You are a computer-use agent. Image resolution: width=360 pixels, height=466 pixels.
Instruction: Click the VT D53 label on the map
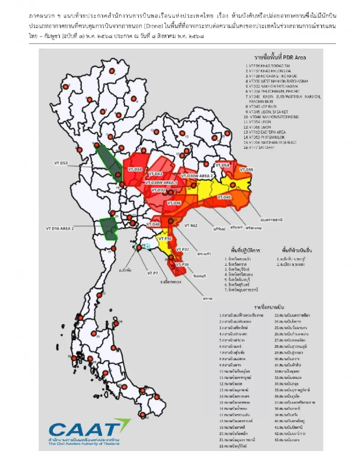tap(61, 163)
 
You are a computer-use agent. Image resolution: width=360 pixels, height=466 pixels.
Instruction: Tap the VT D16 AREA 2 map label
tap(60, 229)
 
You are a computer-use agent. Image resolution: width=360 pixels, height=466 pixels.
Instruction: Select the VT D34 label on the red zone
tap(135, 170)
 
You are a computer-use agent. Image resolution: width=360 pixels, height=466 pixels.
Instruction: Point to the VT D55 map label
tap(246, 170)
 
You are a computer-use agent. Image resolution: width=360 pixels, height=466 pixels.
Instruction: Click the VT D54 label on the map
tap(222, 165)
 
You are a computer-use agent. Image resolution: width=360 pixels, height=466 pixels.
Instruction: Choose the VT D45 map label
tap(224, 197)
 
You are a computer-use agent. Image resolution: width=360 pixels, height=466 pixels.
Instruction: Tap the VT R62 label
tap(191, 226)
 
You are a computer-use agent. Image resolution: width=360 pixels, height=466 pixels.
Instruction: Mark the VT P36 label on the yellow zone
tap(165, 239)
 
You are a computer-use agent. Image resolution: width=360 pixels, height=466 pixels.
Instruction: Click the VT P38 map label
tap(182, 265)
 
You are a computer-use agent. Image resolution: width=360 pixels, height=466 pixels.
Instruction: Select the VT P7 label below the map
tap(152, 273)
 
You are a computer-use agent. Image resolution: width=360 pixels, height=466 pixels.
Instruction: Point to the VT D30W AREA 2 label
tap(197, 176)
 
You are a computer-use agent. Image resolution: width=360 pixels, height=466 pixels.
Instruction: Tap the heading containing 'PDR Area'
tap(280, 57)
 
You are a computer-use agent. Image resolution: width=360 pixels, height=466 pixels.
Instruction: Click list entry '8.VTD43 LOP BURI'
tap(261, 107)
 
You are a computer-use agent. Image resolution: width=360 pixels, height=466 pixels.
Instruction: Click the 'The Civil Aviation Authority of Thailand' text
tap(84, 443)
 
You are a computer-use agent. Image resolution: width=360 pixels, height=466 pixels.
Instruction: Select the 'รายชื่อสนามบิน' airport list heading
tap(269, 307)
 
